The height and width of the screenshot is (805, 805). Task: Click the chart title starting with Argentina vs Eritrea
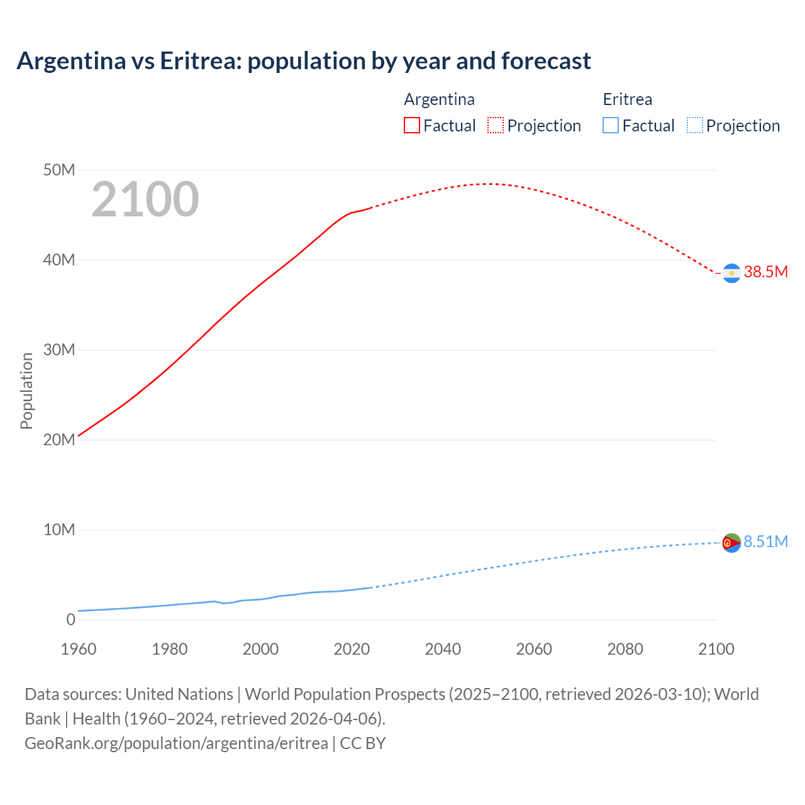(x=304, y=61)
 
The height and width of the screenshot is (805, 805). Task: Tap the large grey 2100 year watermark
(x=145, y=199)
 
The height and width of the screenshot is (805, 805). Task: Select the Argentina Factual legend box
(x=411, y=126)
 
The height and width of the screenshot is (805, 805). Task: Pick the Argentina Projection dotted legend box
(x=496, y=126)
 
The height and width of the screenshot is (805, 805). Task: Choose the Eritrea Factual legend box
(x=611, y=126)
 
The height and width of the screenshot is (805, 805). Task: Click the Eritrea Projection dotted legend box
(x=695, y=126)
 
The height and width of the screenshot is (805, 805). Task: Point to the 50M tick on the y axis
(x=59, y=170)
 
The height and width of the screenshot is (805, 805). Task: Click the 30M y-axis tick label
(x=59, y=350)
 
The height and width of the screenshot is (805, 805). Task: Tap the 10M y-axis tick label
(x=59, y=530)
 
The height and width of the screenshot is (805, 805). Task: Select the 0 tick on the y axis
(x=70, y=619)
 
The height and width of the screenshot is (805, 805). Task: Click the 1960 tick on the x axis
(x=79, y=649)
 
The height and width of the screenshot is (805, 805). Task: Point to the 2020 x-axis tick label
(x=352, y=649)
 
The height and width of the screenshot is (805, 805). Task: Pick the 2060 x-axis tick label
(x=534, y=649)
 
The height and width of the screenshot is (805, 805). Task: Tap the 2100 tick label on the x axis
(x=716, y=649)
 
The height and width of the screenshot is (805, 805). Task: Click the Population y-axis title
(x=26, y=391)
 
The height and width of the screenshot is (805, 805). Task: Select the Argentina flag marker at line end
(x=731, y=274)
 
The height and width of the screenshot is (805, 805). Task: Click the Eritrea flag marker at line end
(x=731, y=543)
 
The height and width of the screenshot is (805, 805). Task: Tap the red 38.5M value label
(x=765, y=272)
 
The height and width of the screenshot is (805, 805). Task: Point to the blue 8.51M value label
(x=765, y=541)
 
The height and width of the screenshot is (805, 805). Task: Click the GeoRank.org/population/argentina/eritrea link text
(x=176, y=743)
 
